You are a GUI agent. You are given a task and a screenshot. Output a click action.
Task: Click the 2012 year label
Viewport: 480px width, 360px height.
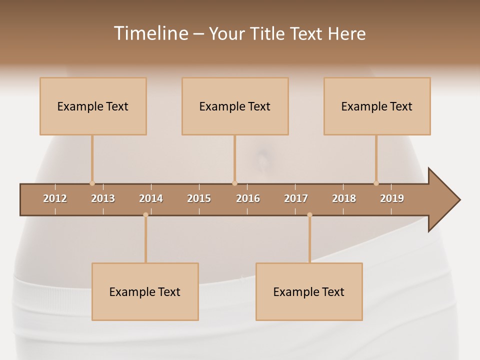[55, 198]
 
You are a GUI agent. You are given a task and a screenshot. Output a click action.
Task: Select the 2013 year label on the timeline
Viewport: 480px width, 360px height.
[103, 198]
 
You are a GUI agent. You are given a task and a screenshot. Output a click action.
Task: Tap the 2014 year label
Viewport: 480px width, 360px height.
[151, 198]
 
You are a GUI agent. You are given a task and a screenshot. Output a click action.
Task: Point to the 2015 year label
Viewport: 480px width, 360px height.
[199, 198]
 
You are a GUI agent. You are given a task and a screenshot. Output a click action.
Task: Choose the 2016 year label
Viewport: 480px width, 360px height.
[248, 198]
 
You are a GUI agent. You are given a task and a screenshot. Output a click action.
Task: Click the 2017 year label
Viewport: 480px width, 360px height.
[296, 198]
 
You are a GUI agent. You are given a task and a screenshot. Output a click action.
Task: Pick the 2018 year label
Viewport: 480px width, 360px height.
[344, 198]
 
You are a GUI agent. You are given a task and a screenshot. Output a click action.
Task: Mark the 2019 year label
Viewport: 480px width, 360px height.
[392, 198]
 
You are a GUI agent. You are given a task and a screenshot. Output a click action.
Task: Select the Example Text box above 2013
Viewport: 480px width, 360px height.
[93, 106]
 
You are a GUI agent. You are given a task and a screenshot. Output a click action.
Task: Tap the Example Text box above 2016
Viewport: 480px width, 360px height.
[235, 106]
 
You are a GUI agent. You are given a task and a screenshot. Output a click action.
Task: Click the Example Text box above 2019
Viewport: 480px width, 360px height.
[377, 106]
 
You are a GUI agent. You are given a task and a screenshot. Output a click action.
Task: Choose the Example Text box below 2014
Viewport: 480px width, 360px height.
[145, 291]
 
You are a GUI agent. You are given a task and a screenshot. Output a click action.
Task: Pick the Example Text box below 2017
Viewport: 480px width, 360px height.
[309, 291]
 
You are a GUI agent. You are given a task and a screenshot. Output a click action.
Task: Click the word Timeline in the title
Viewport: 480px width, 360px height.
[150, 33]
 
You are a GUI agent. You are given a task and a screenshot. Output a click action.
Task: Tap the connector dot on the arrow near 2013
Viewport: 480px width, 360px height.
[92, 183]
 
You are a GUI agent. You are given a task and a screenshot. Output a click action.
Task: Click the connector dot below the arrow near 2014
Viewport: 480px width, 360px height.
[145, 215]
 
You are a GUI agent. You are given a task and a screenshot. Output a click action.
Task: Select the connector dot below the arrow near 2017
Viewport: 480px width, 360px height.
[309, 215]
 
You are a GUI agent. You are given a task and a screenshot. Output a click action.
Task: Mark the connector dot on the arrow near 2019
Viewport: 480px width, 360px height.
[376, 183]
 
